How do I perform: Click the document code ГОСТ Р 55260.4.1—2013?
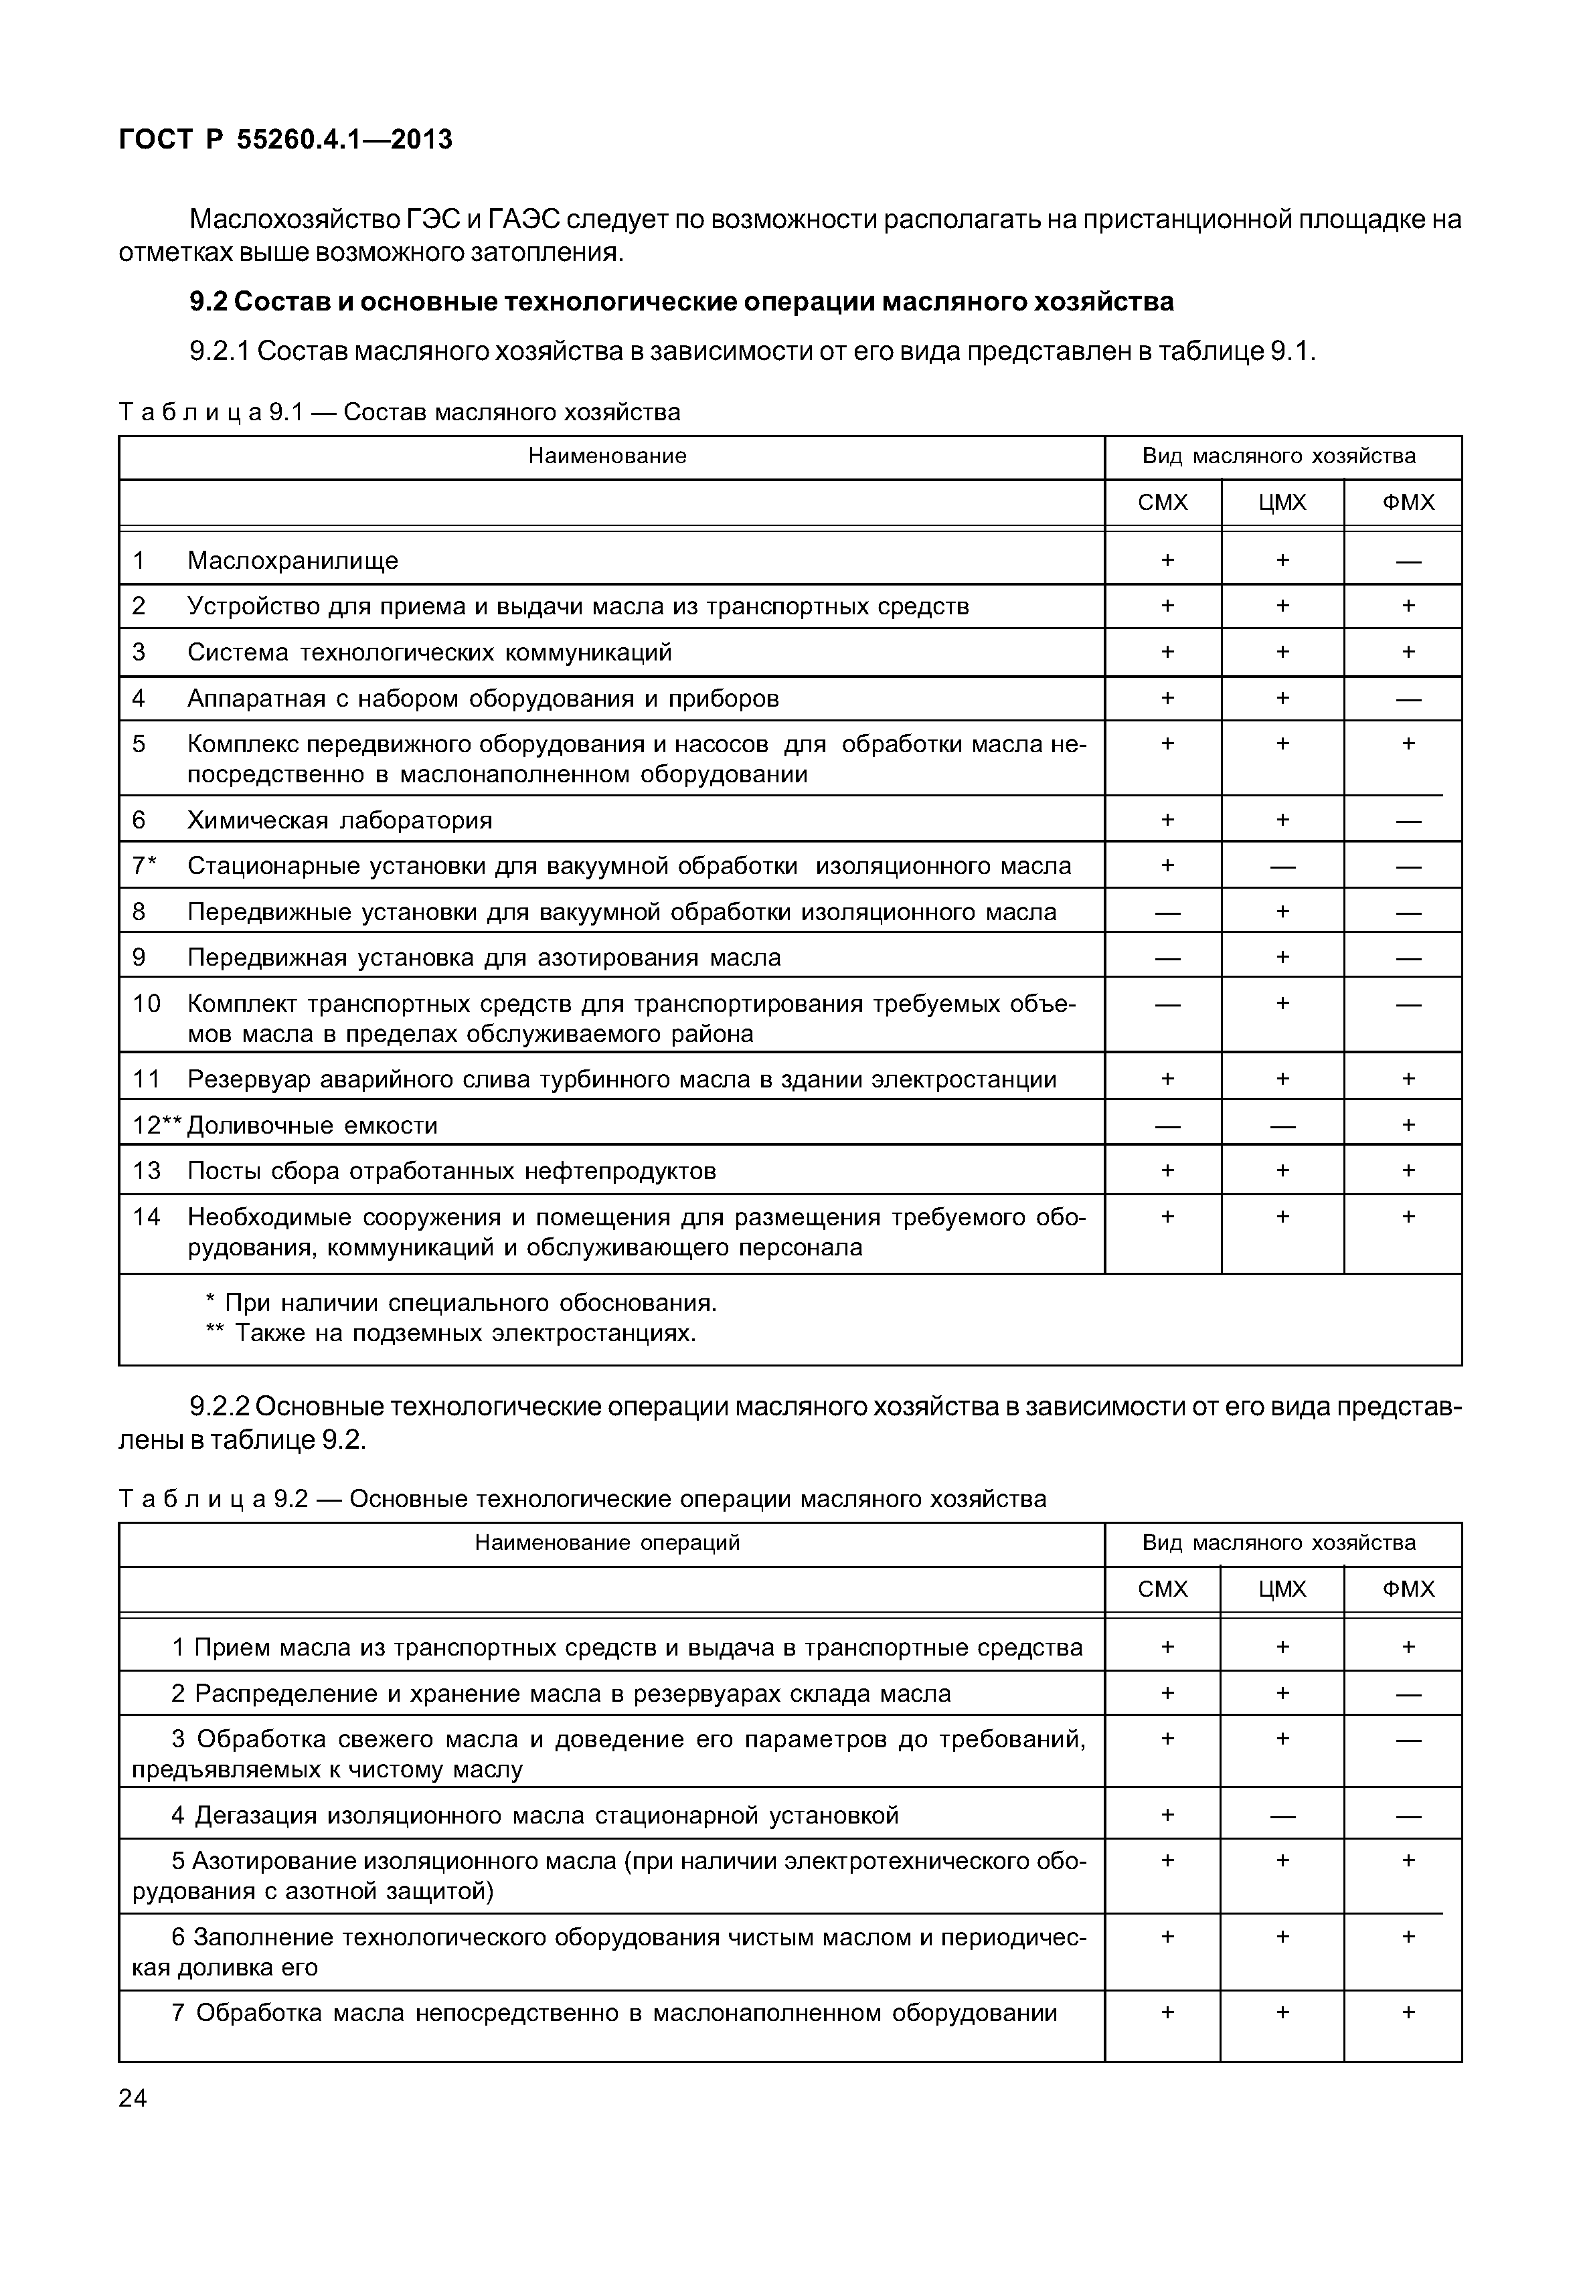[285, 140]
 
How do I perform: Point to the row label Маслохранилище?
[293, 561]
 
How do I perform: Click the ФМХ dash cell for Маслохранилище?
[1408, 561]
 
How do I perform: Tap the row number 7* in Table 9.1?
[145, 866]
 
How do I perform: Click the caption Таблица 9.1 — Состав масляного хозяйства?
[399, 412]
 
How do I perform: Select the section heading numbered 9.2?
[681, 301]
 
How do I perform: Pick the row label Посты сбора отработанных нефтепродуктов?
[450, 1171]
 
